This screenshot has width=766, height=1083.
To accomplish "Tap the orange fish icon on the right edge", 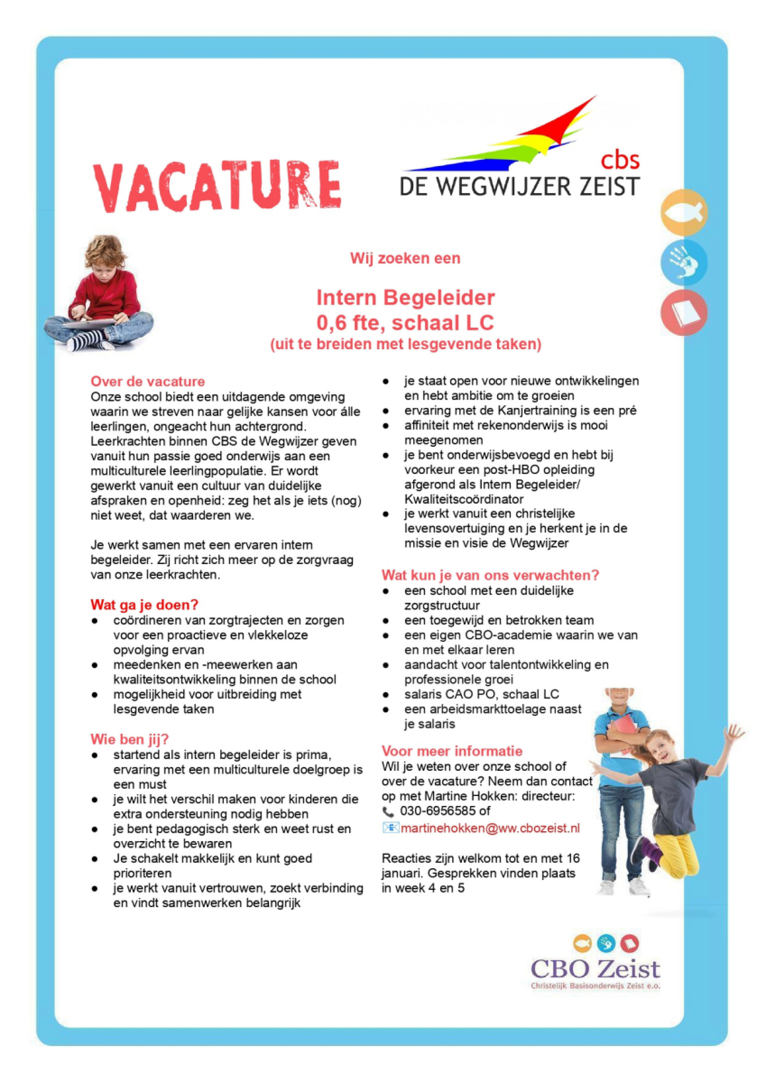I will (683, 212).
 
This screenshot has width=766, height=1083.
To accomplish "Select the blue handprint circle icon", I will (683, 262).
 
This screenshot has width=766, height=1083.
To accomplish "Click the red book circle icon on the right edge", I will (683, 313).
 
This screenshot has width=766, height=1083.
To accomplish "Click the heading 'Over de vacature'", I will (148, 381).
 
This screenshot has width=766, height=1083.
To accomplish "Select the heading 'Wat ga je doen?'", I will (144, 604).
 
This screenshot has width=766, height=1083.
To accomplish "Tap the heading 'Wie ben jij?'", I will (129, 739).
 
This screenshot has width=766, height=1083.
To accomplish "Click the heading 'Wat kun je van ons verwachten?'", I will (490, 575).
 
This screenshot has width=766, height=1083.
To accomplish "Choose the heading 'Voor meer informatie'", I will (452, 751).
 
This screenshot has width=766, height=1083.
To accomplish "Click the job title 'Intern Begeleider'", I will (405, 298).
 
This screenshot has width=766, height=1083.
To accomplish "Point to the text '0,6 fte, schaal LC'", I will (405, 323).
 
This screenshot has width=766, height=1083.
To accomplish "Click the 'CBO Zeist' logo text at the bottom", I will (595, 969).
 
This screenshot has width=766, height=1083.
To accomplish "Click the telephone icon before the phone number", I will (388, 812).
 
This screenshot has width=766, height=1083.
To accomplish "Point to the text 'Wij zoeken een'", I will (405, 258).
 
